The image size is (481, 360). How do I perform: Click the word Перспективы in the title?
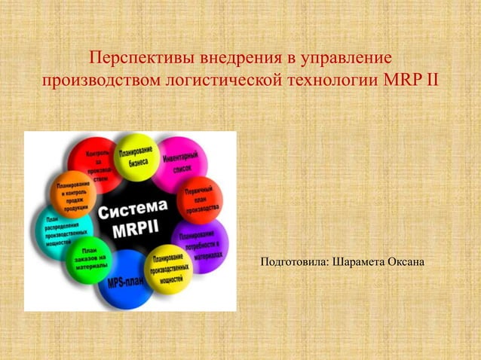click(136, 57)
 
